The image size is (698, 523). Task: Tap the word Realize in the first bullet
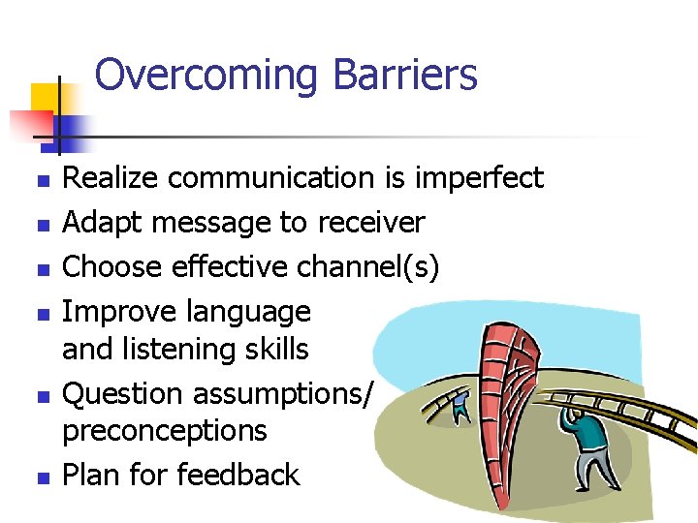click(x=110, y=178)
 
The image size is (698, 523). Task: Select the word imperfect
click(x=479, y=178)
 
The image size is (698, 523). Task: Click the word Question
click(x=123, y=393)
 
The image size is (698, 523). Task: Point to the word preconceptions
click(x=164, y=430)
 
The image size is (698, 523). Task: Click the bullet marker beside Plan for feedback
click(x=41, y=477)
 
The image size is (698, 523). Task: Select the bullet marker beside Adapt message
click(x=41, y=225)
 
